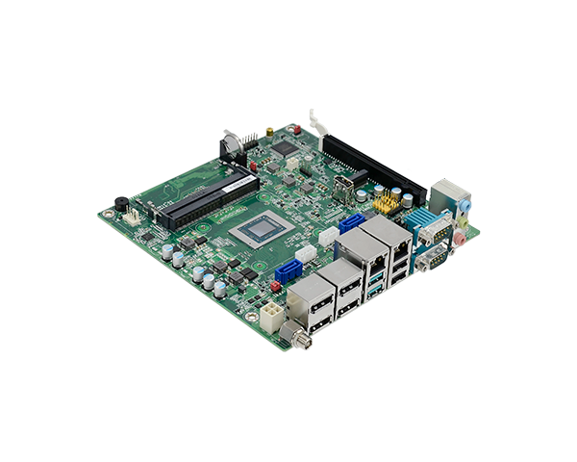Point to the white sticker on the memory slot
[163, 204]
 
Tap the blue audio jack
[464, 206]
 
